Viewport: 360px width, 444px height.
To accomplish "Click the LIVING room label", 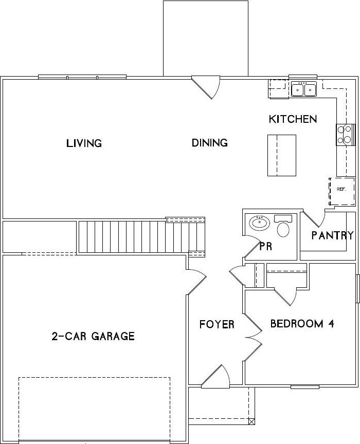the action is click(x=84, y=143).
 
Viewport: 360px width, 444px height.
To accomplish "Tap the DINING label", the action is click(x=209, y=142).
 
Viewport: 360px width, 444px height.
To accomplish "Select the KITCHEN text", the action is click(x=293, y=119).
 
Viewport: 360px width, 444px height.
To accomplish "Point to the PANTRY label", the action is click(x=333, y=235).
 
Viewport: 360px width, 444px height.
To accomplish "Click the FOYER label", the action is click(x=217, y=324).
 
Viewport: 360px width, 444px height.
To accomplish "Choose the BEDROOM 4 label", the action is click(x=302, y=323).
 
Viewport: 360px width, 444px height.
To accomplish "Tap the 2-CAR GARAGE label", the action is click(x=93, y=336).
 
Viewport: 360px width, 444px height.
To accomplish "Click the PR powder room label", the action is click(x=265, y=246).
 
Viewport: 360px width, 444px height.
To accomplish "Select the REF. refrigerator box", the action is click(x=342, y=192).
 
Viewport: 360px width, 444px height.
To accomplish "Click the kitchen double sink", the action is click(x=304, y=89).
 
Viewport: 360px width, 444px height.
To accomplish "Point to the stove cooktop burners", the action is click(x=345, y=135).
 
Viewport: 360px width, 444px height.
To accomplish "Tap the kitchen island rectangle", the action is click(x=282, y=155).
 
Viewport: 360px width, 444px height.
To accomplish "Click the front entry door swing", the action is click(x=216, y=376).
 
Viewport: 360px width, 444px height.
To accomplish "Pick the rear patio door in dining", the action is click(x=206, y=87).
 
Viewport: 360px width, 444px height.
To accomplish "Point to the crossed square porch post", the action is click(x=251, y=421).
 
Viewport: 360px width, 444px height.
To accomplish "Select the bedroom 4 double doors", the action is click(x=253, y=337).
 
